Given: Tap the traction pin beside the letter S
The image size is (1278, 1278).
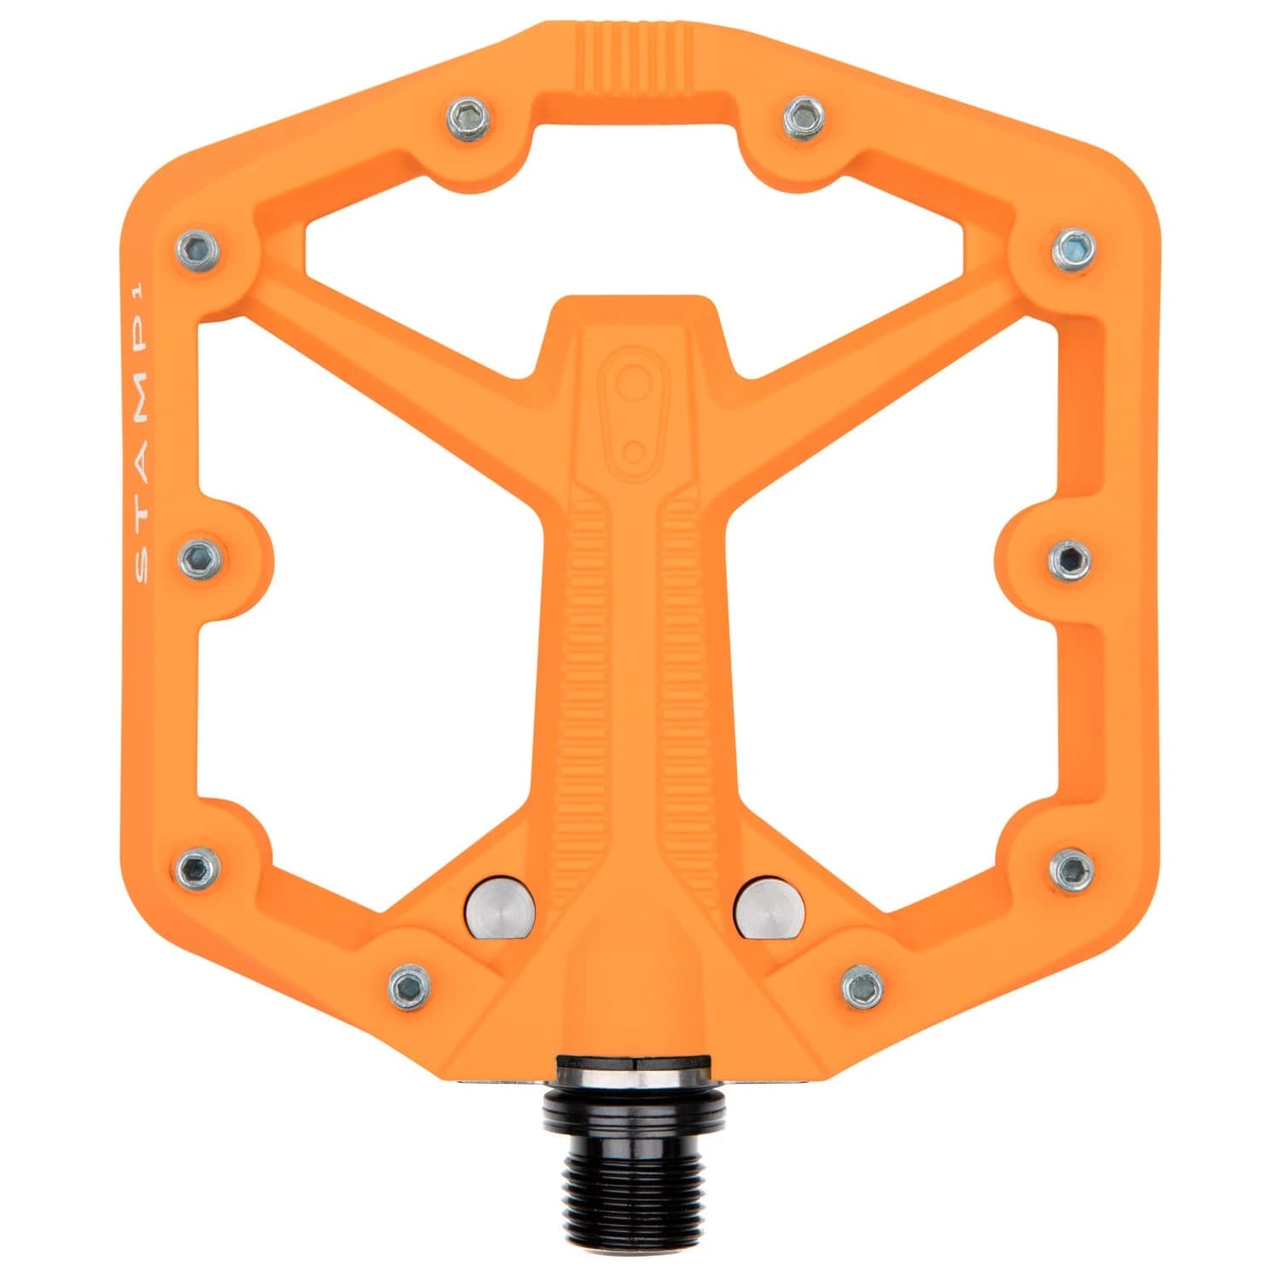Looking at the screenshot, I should pos(201,558).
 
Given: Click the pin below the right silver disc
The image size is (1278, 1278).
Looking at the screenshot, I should pos(862,985).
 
